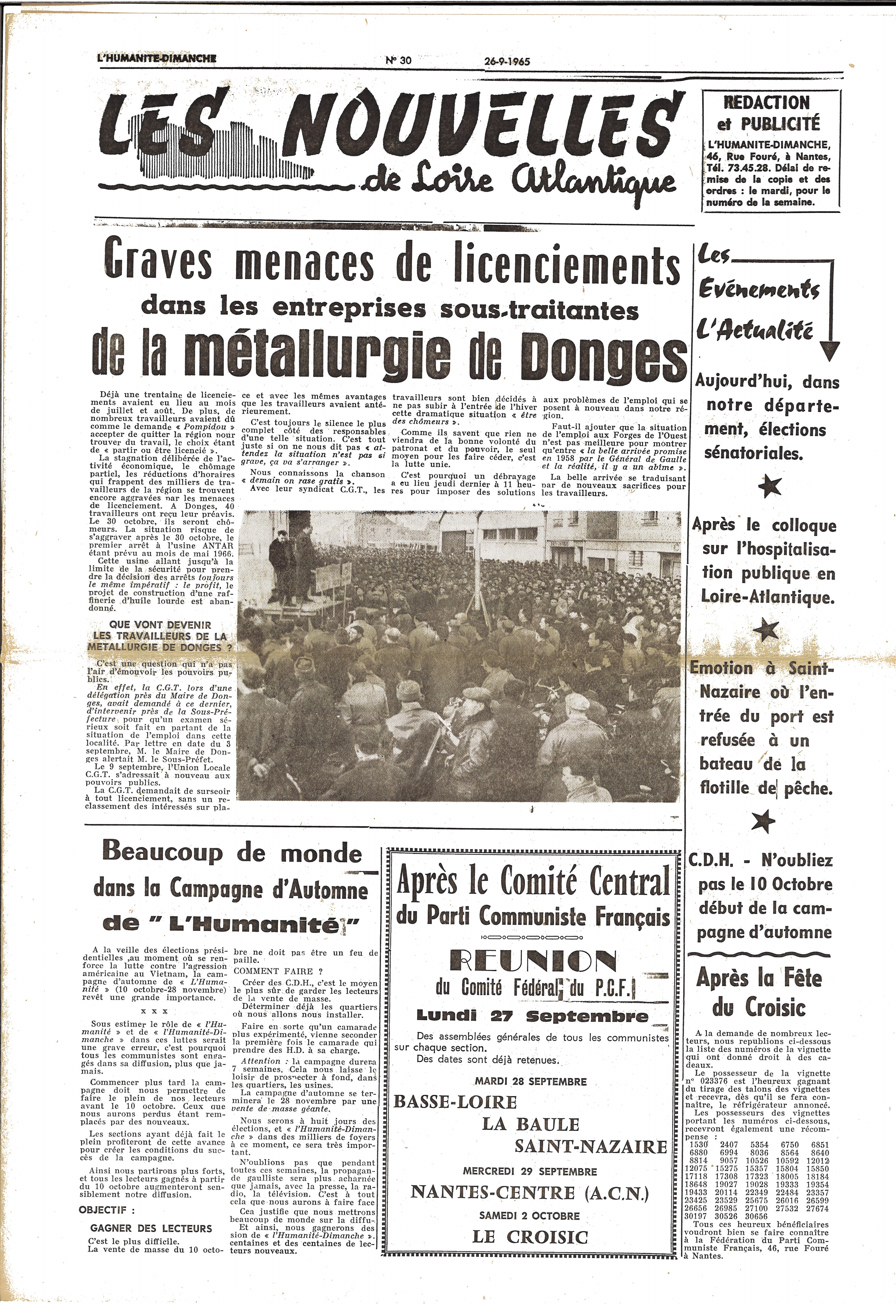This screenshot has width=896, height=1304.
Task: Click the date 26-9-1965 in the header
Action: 507,61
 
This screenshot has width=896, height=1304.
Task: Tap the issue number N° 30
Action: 399,61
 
